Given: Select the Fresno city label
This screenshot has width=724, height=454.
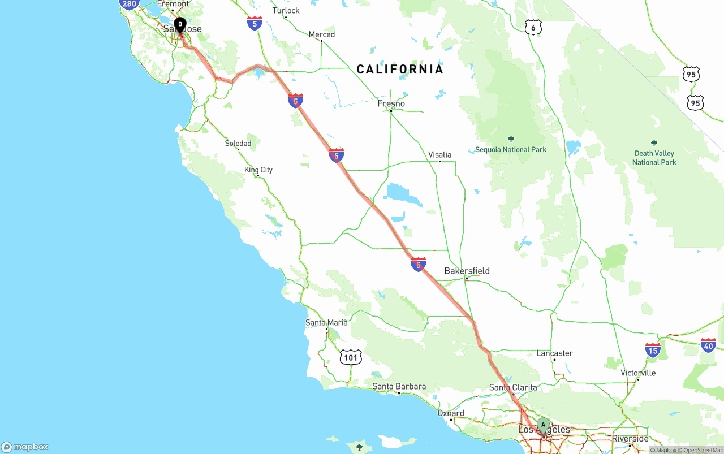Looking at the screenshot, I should pos(391,103).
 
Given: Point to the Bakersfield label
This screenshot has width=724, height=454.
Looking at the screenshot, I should pos(467,271).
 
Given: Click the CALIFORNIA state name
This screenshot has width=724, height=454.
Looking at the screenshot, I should pos(400,70).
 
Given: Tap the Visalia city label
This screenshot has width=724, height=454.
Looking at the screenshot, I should pos(439,154).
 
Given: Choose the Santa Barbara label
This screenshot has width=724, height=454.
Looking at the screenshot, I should pos(399,387).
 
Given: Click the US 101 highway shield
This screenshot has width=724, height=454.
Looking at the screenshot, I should pos(351,357).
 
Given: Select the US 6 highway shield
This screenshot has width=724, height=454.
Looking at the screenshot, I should pos(533,27).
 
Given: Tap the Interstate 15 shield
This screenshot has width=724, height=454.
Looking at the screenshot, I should pos(653,350).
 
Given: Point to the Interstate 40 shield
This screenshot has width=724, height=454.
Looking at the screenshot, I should pos(708,345).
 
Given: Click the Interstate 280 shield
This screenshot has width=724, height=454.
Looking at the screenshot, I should pos(130,4).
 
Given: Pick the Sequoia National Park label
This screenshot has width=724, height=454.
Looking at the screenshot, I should pos(511,149).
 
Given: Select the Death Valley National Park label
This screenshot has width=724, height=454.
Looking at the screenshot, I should pos(654,158).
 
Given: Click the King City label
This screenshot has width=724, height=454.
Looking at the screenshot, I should pos(258,170).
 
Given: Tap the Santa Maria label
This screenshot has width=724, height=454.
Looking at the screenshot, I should pos(326,322).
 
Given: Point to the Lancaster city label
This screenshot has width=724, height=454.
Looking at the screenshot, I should pos(554,353).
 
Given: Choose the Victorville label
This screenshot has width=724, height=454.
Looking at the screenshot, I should pos(638,373).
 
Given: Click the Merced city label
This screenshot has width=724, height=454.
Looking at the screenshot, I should pos(321,34).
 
